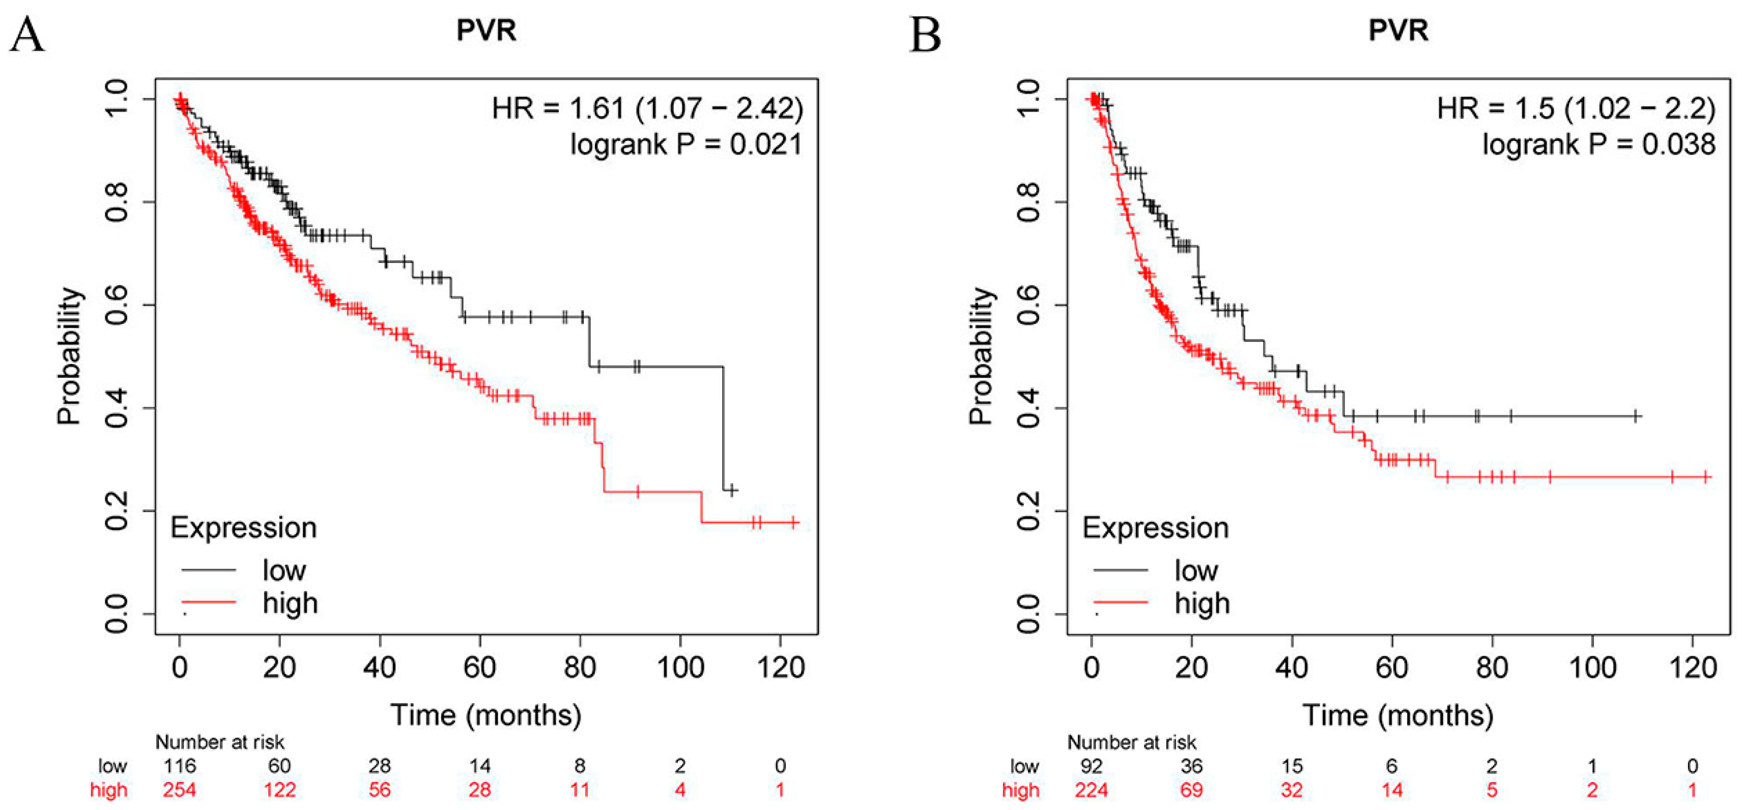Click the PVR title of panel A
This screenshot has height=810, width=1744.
486,31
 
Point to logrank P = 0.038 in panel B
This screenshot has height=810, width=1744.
1599,144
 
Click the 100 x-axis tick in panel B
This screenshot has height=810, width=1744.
1592,668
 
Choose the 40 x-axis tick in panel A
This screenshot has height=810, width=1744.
379,668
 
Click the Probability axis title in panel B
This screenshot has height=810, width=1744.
981,355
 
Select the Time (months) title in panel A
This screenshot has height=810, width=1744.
485,715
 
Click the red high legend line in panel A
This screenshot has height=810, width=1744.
209,601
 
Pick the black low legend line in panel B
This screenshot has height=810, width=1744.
1121,570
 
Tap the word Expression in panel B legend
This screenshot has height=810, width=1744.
1155,527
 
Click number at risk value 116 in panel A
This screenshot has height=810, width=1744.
180,766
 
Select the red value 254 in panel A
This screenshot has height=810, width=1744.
180,790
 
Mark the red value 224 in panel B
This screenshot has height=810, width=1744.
1092,790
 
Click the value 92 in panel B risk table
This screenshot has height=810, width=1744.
1092,766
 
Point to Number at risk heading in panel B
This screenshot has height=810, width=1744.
1132,742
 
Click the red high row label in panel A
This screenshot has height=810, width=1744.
108,790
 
